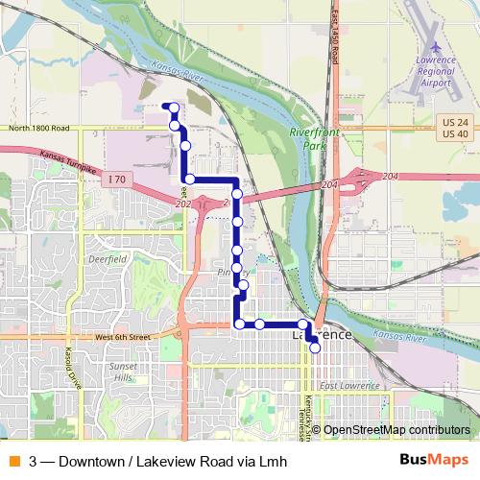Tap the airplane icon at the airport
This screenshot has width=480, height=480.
pyautogui.click(x=437, y=47)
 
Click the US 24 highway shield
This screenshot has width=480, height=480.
pyautogui.click(x=455, y=121)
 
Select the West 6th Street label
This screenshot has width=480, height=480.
pyautogui.click(x=123, y=338)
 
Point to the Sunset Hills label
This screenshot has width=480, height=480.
pyautogui.click(x=123, y=372)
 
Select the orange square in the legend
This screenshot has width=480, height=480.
pyautogui.click(x=14, y=460)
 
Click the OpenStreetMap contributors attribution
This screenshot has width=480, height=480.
pyautogui.click(x=396, y=430)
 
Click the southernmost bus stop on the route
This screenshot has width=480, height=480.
pyautogui.click(x=315, y=348)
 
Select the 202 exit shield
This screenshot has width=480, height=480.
pyautogui.click(x=183, y=204)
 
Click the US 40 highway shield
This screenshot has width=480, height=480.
pyautogui.click(x=455, y=132)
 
